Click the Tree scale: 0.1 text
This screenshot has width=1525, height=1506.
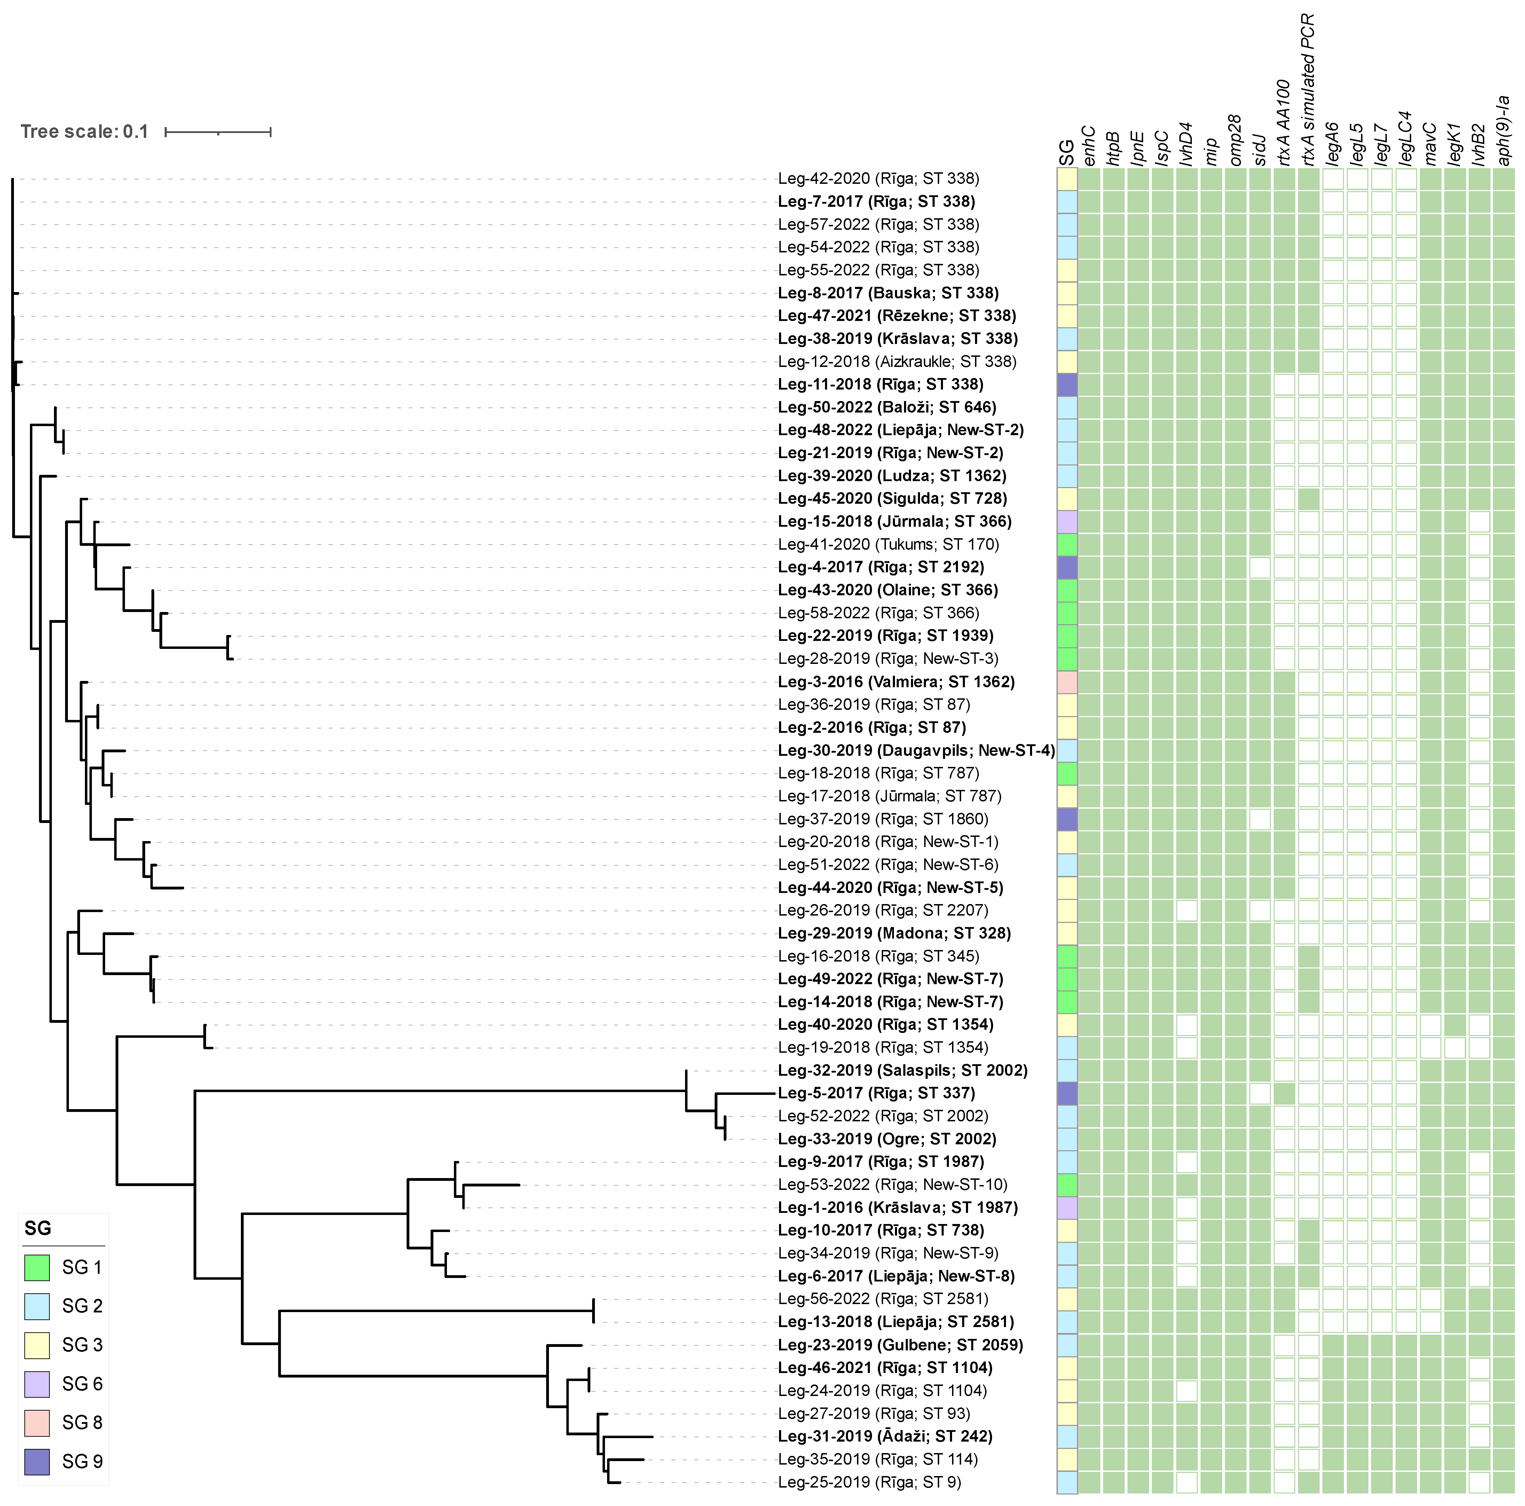coord(85,132)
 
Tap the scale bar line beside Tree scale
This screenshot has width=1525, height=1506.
coord(218,132)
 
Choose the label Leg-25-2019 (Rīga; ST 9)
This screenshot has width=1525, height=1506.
coord(869,1482)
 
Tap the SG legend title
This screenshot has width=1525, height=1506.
coord(38,1228)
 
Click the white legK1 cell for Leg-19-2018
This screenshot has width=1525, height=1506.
coord(1455,1048)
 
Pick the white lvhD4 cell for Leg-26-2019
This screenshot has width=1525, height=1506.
coord(1186,910)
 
